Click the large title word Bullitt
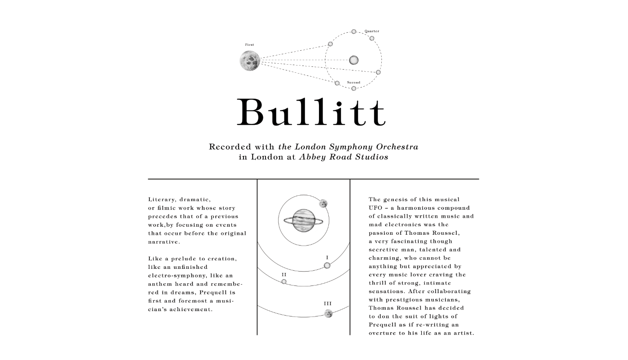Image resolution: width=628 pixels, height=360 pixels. [311, 112]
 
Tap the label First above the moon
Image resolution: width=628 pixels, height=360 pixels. [249, 45]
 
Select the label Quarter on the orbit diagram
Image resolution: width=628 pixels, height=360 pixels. [372, 31]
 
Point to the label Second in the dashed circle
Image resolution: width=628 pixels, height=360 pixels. [353, 83]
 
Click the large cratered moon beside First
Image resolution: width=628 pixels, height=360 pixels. [250, 61]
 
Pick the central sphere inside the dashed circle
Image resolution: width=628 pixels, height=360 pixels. [354, 60]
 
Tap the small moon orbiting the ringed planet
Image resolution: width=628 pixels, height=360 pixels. [323, 204]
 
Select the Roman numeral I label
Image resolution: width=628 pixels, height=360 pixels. [327, 258]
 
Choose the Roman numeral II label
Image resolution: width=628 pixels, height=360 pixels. [284, 274]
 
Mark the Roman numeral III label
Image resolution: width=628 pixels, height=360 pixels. [328, 304]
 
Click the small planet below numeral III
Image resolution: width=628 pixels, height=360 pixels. [328, 313]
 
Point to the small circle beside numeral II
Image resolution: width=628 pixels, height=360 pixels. [284, 281]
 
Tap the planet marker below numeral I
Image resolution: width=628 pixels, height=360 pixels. [327, 265]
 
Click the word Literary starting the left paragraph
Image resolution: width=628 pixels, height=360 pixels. [161, 200]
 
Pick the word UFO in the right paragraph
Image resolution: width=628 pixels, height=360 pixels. [375, 208]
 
